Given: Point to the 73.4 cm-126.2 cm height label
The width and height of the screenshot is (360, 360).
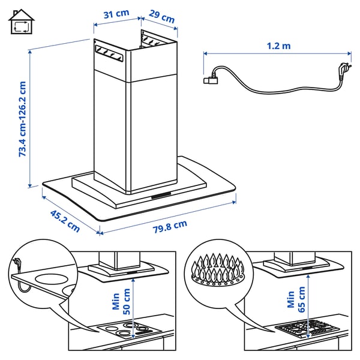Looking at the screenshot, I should tap(23, 119).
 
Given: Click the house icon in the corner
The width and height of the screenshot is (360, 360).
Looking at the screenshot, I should tap(21, 23).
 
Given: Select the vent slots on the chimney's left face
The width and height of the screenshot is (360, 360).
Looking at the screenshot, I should tap(108, 54).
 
